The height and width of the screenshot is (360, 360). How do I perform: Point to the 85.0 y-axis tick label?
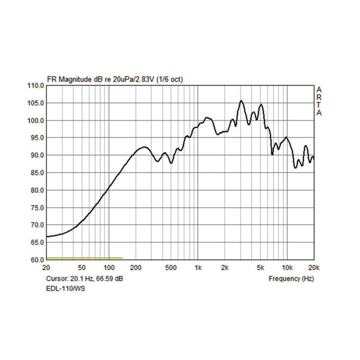[37, 173]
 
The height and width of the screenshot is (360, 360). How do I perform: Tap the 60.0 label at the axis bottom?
[37, 260]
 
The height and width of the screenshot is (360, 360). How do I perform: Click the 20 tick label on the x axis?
[46, 268]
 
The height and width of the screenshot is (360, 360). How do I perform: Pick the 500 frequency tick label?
[171, 268]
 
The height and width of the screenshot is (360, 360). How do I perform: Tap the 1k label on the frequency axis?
[198, 268]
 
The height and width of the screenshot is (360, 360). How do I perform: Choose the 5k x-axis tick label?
[261, 268]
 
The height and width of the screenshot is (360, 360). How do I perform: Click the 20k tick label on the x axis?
[314, 268]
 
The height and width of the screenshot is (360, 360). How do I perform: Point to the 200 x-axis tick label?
[136, 268]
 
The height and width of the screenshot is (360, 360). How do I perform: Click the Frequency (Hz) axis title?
[291, 278]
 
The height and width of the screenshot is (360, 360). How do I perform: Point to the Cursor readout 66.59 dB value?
[111, 278]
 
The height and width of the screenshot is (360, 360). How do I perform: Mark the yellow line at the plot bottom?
[84, 258]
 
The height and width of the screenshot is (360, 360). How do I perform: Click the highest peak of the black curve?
[241, 101]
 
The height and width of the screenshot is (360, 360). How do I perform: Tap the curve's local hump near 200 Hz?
[142, 148]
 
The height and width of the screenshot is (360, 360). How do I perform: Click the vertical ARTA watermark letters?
[319, 101]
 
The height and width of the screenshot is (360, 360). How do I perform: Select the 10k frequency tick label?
[287, 268]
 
